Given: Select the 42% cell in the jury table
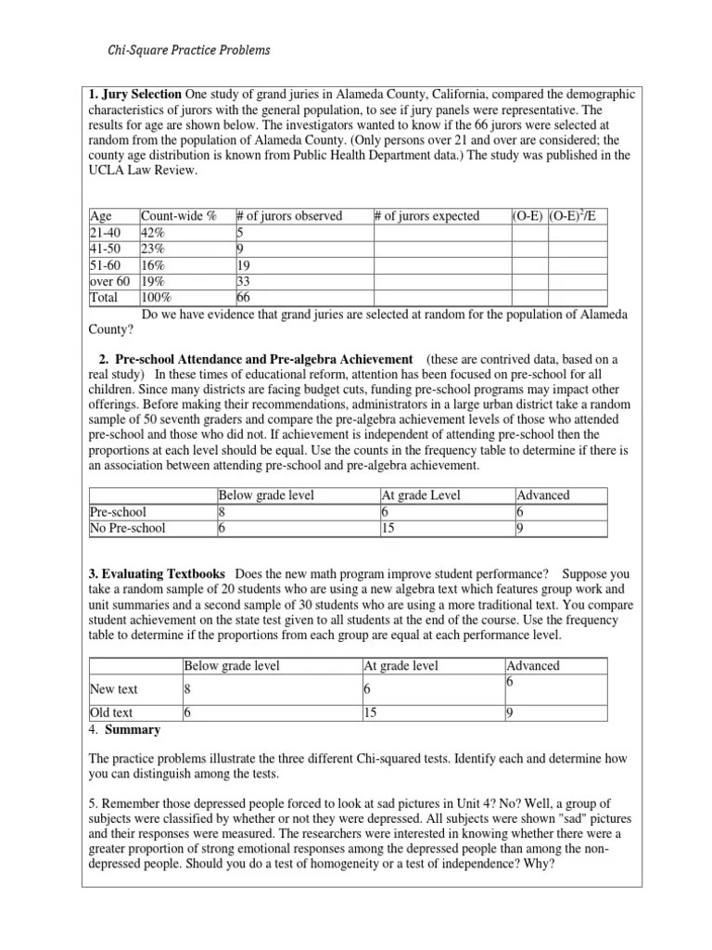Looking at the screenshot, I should click(153, 231).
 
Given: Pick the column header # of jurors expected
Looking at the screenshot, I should click(426, 216).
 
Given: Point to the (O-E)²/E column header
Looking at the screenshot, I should click(572, 216).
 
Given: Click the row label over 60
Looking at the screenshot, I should click(109, 281).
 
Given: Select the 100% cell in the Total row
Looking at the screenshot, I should click(157, 298).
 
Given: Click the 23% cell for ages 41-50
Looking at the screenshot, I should click(153, 248).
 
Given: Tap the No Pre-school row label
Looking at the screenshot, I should click(128, 528).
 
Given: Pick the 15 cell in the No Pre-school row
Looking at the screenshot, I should click(388, 528).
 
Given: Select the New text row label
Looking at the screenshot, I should click(114, 688).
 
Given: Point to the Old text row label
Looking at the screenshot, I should click(111, 713).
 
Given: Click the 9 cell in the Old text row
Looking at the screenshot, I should click(510, 713).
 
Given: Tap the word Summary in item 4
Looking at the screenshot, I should click(136, 729).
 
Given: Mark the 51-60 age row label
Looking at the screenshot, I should click(105, 264).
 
